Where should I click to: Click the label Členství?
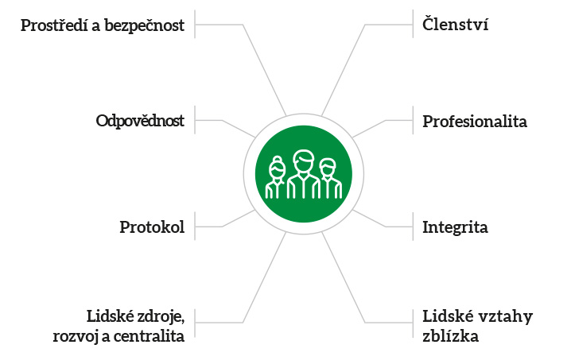tap(455, 25)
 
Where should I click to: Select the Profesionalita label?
tap(475, 122)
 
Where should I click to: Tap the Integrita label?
tap(455, 227)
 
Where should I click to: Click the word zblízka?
tap(450, 335)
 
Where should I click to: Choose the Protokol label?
tap(152, 227)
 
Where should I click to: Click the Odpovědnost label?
tap(140, 122)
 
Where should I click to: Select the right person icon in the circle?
tap(328, 180)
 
